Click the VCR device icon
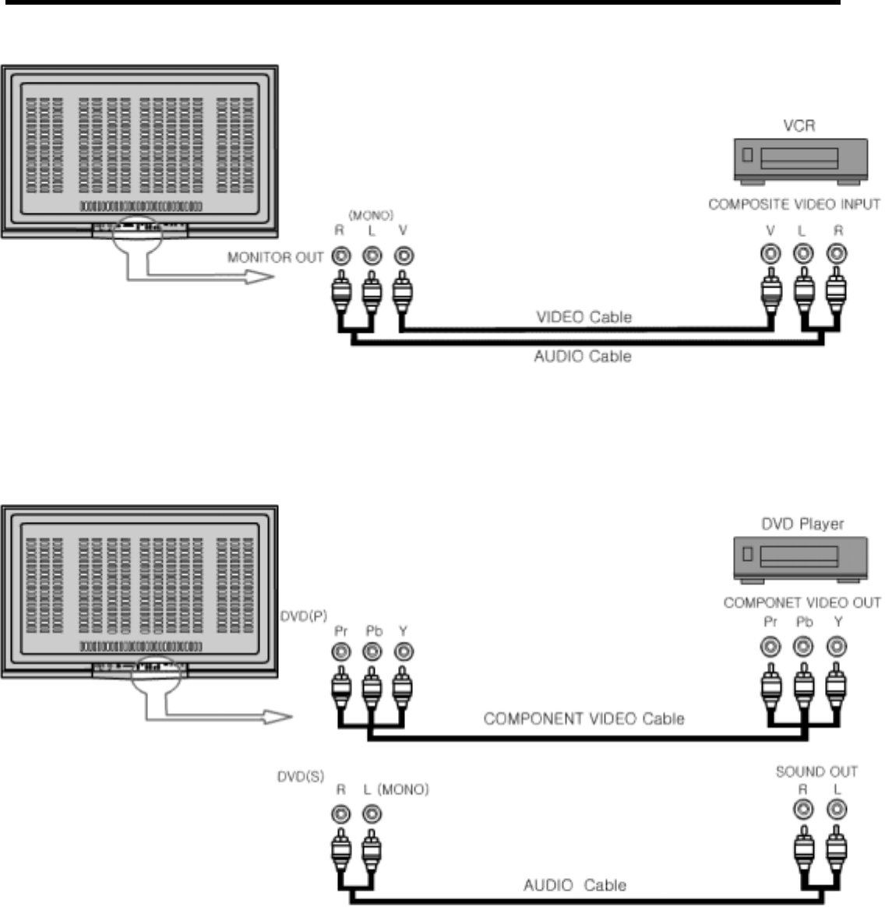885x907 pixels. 800,161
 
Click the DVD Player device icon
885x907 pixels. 800,559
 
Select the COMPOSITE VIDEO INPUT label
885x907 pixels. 794,205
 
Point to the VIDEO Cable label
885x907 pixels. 584,317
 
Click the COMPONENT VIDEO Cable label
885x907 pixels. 584,718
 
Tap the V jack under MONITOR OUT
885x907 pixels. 403,256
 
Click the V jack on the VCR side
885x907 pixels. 771,254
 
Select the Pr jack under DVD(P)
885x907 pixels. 340,651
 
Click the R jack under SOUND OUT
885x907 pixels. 802,811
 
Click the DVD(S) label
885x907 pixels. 301,777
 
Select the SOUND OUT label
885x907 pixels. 816,771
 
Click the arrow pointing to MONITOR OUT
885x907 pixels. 257,277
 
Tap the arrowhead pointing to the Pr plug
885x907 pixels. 277,718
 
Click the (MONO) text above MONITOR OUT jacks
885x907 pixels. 371,216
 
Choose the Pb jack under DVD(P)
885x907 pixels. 372,651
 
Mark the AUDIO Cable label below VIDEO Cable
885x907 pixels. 582,357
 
